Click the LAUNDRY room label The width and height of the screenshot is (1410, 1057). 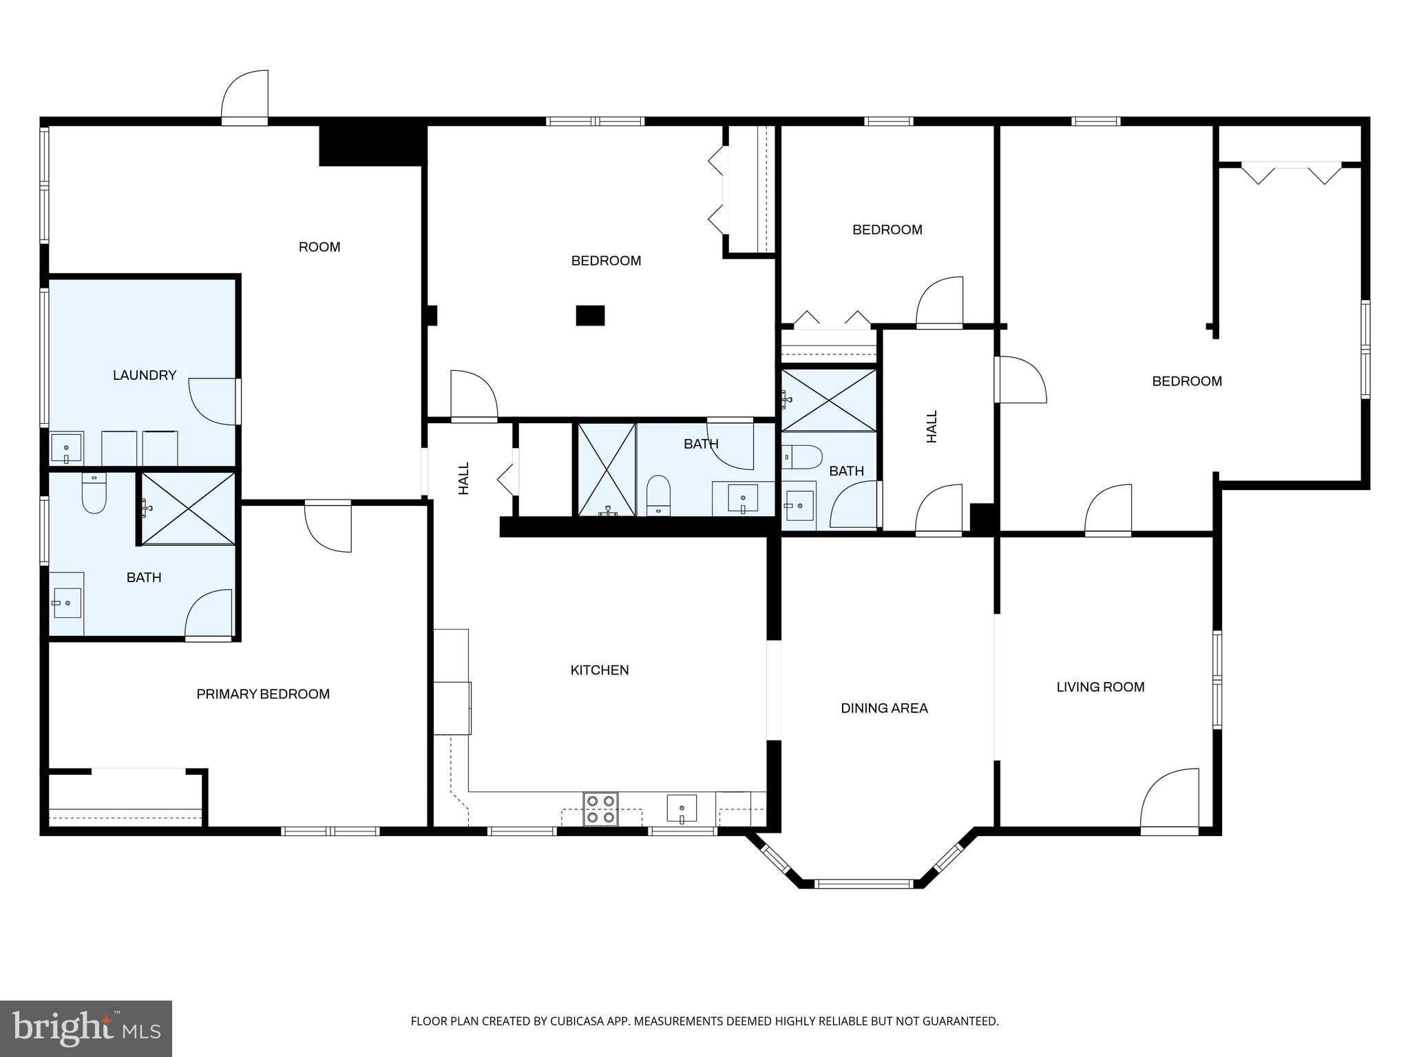[x=145, y=375]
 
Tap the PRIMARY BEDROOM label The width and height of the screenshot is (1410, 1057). [x=263, y=694]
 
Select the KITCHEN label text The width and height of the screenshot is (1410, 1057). [x=599, y=670]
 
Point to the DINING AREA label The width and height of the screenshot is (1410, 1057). [x=884, y=707]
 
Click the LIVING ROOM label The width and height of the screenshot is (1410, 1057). [x=1100, y=686]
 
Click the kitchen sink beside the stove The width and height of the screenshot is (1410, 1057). [x=682, y=808]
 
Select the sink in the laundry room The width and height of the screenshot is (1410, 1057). [x=66, y=448]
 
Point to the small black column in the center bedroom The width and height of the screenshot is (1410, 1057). [x=590, y=315]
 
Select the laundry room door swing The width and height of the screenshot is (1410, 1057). [x=213, y=401]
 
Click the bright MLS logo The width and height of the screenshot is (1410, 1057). [x=86, y=1027]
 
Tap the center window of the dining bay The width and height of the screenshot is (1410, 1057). [x=863, y=884]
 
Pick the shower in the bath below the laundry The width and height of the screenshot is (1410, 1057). [x=188, y=508]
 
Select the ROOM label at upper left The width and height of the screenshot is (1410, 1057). [x=319, y=246]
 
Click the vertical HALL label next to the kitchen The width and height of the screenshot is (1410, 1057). [x=464, y=478]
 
